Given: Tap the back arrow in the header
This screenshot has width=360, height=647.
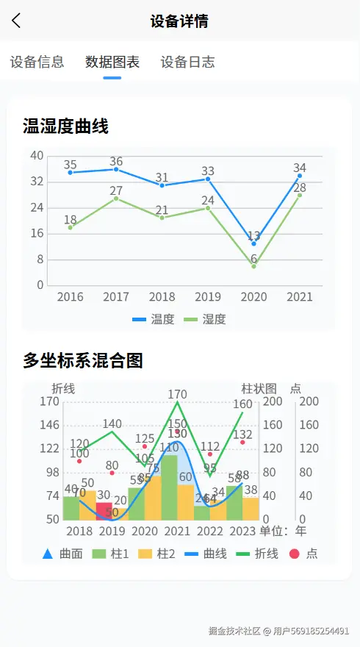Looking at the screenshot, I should [x=17, y=21].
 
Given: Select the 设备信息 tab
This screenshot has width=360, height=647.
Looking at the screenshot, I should [x=37, y=62].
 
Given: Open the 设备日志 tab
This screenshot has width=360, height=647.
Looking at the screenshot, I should [x=187, y=62].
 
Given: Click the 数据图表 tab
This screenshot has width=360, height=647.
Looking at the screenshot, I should [x=112, y=62].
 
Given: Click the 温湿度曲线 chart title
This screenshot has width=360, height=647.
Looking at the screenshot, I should [x=65, y=126].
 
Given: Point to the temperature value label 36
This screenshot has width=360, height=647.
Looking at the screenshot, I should [x=116, y=161].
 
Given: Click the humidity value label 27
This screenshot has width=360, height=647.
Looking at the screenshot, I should [x=116, y=191].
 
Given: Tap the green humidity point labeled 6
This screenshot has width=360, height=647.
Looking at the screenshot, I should [x=253, y=265].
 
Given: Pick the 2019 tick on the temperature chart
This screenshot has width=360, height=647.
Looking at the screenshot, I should [x=208, y=297].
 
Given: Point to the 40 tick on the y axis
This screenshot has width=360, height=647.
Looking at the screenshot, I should [x=37, y=155].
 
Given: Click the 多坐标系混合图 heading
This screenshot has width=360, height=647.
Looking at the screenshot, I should [x=82, y=360].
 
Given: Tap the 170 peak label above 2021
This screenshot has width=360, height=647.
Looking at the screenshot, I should [x=177, y=395].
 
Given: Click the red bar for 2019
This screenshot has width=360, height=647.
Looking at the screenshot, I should [x=104, y=511].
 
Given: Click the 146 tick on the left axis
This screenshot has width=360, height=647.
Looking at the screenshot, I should [x=49, y=425].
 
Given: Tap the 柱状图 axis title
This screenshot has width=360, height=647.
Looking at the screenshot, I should [x=259, y=388].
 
